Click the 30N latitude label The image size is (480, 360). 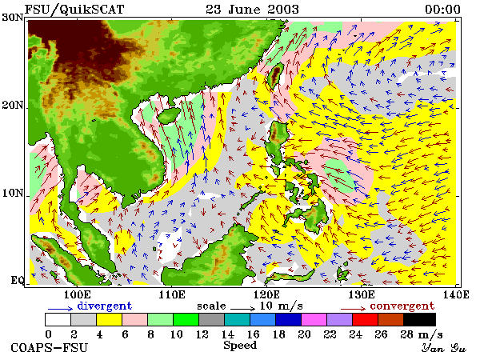[13, 17]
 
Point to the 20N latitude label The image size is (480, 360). [13, 106]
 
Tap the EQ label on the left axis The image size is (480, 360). [18, 280]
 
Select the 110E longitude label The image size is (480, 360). [172, 294]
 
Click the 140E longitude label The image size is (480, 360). [456, 294]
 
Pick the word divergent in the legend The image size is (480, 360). [104, 306]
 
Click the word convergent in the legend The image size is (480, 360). [402, 306]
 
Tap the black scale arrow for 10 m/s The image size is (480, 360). [242, 308]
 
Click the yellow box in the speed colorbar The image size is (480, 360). [110, 319]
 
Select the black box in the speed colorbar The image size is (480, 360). [420, 319]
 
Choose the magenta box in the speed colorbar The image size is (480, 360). [314, 319]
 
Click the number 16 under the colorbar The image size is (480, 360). [253, 334]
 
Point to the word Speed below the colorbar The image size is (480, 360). [240, 346]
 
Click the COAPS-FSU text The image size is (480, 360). [50, 348]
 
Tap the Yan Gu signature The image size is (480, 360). [443, 348]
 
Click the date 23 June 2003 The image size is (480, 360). [252, 9]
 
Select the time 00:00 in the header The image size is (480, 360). [442, 10]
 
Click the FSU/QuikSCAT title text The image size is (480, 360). [74, 9]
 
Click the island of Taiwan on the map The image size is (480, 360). [275, 75]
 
